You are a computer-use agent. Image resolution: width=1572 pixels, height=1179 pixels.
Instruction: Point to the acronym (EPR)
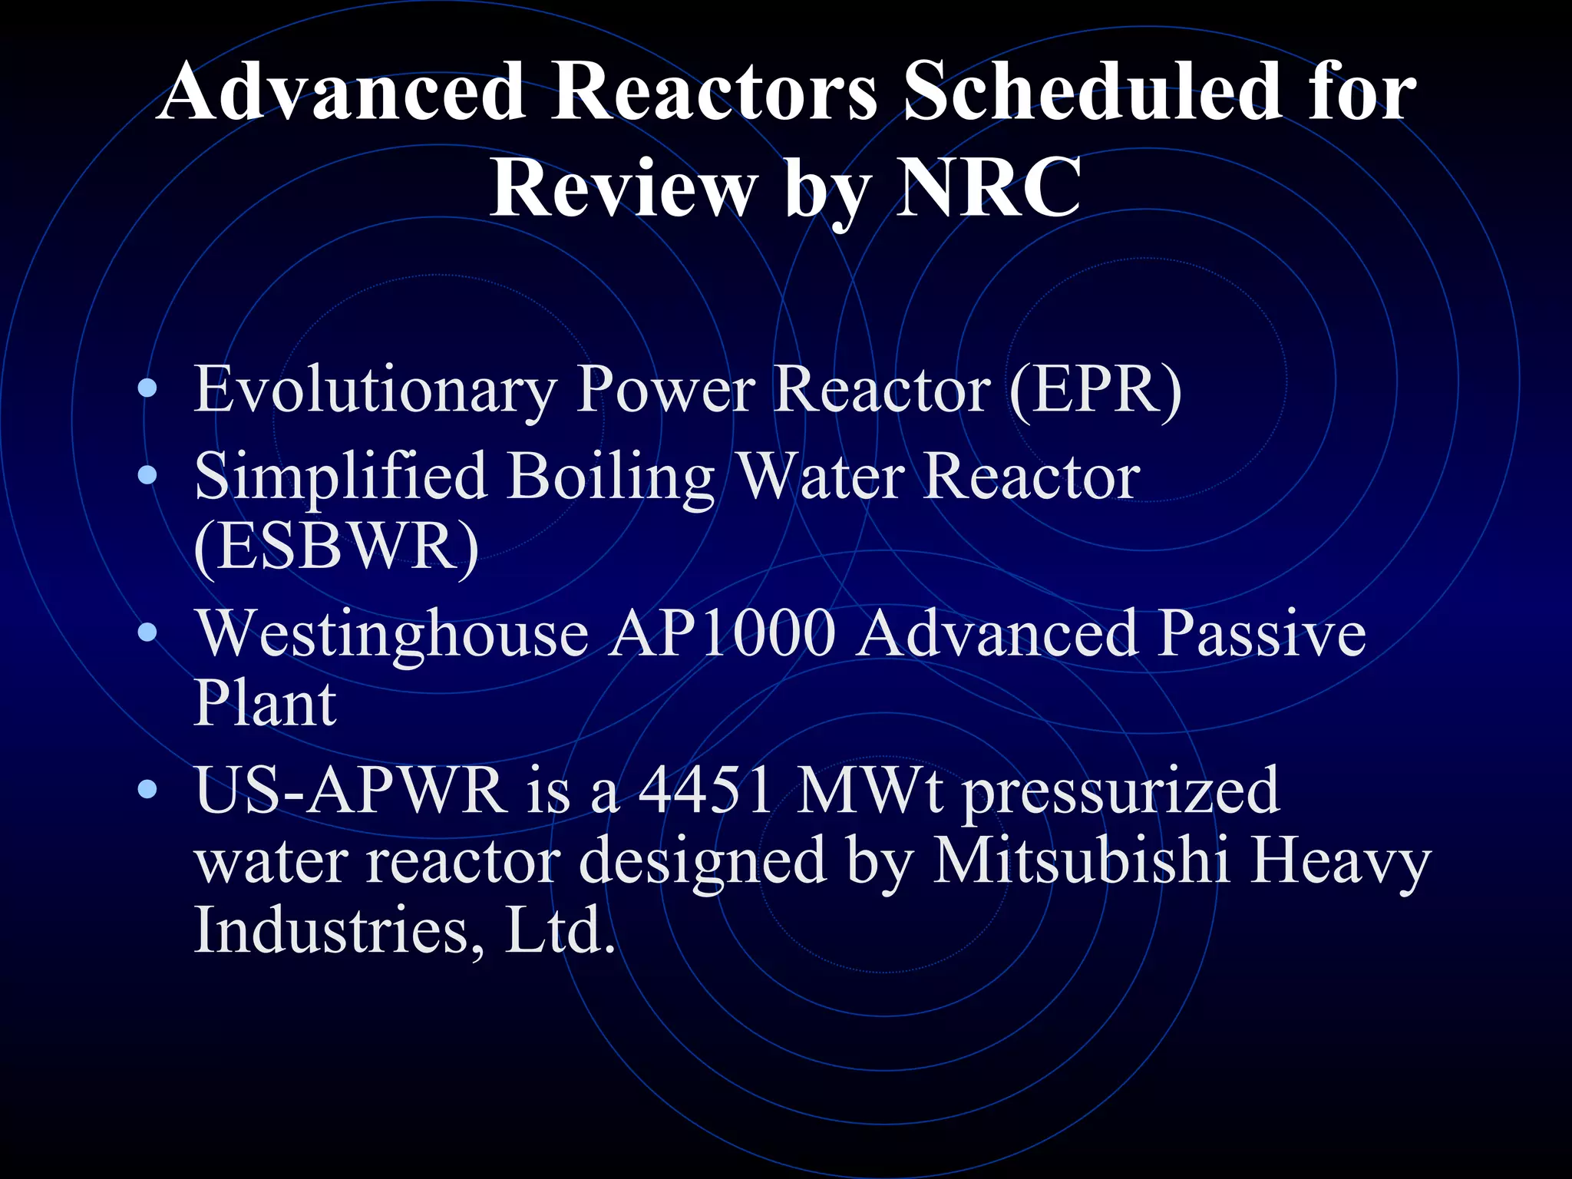(1095, 390)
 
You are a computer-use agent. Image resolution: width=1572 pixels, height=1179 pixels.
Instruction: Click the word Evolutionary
(375, 390)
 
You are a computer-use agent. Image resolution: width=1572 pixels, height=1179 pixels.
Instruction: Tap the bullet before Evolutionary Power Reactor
(147, 389)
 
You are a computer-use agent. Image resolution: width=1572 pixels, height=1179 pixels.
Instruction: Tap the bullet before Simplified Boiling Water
(147, 476)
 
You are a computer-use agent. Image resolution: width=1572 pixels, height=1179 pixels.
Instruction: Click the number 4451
(705, 791)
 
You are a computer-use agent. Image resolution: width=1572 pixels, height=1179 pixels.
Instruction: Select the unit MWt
(869, 791)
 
